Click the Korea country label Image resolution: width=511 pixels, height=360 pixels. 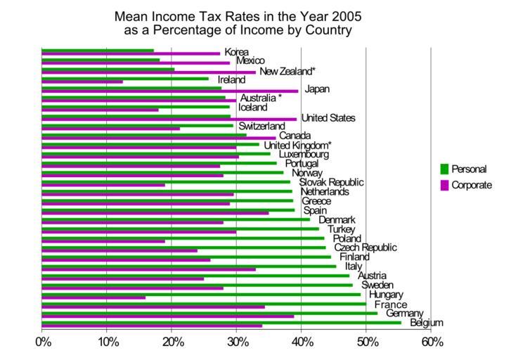(236, 52)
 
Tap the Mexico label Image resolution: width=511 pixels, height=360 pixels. (250, 61)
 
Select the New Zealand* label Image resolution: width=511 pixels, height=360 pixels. (287, 71)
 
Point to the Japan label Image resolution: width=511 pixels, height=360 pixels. (317, 89)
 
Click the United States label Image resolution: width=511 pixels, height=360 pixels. (328, 118)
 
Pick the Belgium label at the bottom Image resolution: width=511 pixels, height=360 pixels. (427, 323)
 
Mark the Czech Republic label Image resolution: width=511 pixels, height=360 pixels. (365, 247)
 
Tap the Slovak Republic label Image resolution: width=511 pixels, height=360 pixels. (331, 182)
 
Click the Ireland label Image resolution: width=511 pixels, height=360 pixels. (231, 80)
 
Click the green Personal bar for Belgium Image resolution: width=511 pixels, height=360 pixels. (221, 322)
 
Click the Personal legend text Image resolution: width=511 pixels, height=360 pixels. (468, 169)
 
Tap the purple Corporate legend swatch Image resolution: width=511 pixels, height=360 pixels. (444, 185)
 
